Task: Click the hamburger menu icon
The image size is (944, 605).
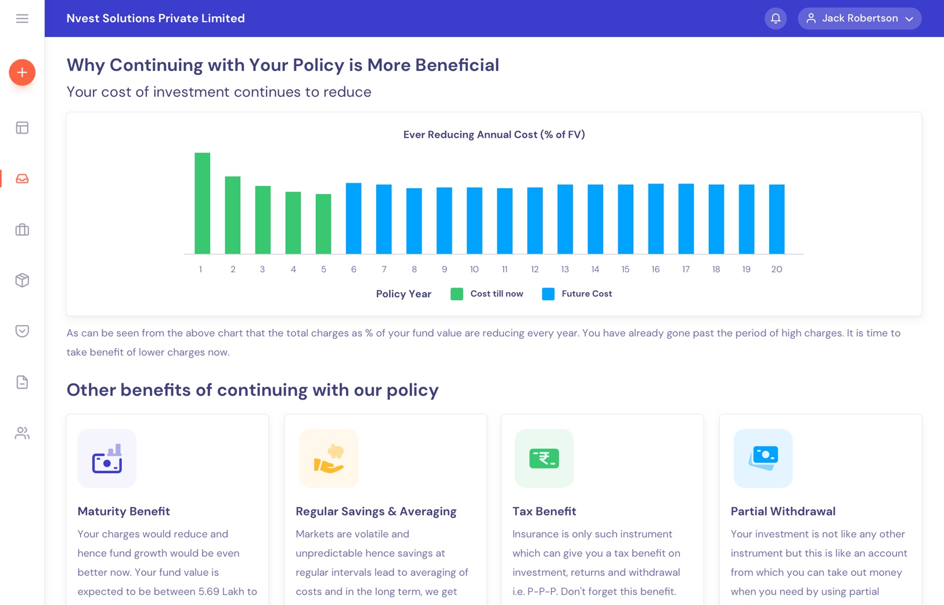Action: [22, 19]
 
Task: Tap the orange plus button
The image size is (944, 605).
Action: [22, 73]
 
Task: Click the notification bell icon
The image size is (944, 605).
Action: [775, 19]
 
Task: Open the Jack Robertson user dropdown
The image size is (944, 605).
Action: [859, 19]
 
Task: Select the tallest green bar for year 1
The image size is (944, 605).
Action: [203, 203]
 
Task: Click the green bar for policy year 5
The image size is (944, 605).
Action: [323, 224]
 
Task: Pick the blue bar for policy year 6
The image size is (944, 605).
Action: [354, 218]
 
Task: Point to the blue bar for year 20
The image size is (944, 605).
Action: [776, 219]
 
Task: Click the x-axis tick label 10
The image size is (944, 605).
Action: [474, 269]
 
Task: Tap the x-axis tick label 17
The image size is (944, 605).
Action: [686, 269]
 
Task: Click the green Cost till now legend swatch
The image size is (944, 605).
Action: [457, 294]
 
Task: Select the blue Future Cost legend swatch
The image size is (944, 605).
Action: [548, 294]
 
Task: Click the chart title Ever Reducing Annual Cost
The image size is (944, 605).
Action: [494, 135]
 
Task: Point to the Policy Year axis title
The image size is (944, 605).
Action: [403, 294]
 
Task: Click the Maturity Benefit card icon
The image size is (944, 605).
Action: [107, 459]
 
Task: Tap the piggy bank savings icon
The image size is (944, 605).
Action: [329, 459]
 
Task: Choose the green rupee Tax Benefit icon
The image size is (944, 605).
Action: [544, 459]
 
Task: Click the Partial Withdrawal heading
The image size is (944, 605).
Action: [783, 512]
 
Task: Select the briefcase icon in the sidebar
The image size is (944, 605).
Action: [22, 230]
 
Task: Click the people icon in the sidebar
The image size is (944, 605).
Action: [22, 433]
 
